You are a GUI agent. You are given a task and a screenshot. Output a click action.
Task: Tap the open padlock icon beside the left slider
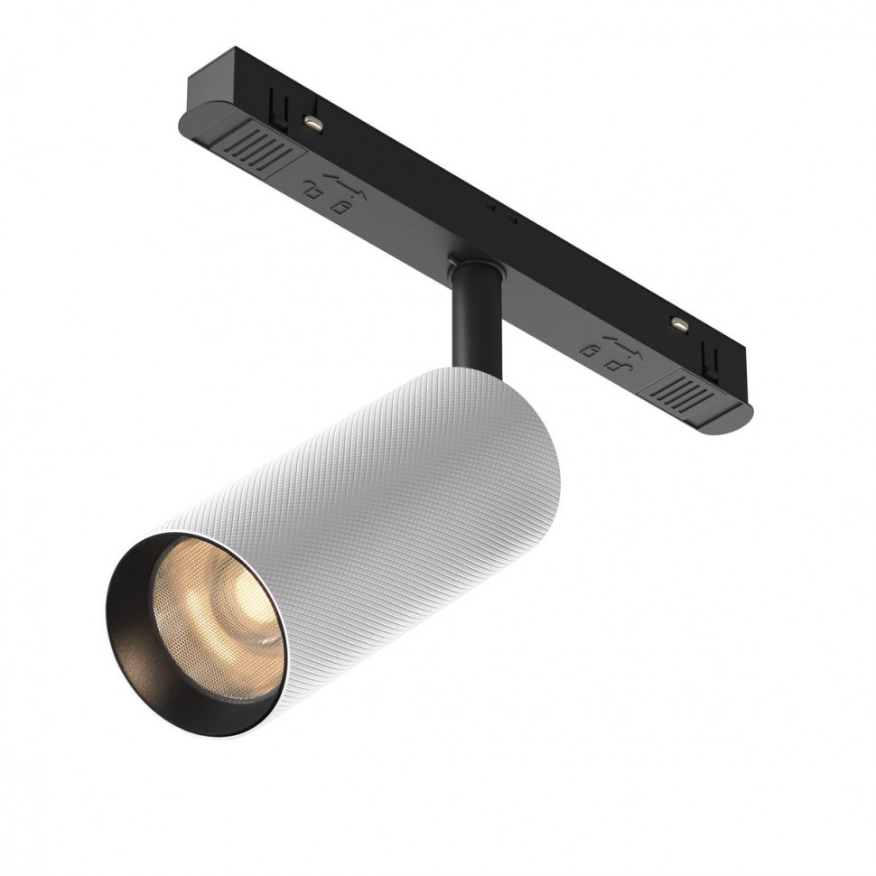pos(312,191)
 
